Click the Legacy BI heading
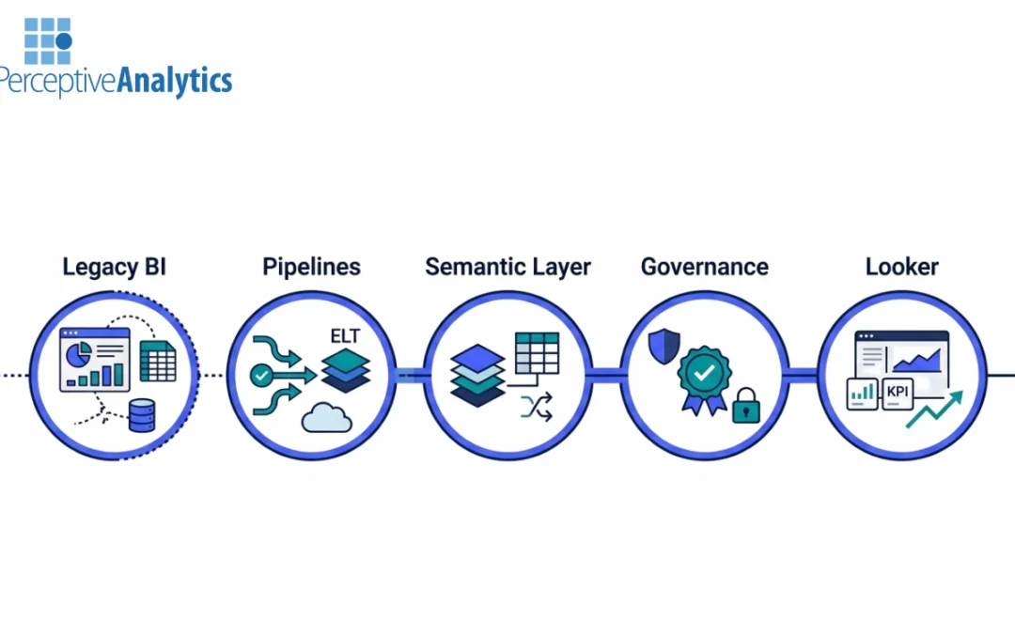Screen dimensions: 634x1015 114,267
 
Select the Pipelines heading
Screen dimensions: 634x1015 311,267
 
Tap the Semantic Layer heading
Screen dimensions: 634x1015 507,267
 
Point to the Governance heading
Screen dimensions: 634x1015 704,267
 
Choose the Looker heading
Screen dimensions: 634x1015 901,267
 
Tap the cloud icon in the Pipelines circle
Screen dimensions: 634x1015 326,417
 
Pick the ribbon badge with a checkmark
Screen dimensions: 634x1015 702,377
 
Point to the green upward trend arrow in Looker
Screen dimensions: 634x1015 935,410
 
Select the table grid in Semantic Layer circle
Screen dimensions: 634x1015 536,353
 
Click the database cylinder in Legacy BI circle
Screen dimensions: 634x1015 142,415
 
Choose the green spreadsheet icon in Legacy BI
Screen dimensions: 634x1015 158,361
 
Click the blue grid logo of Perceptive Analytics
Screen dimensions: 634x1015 48,40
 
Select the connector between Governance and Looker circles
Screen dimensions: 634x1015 802,376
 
